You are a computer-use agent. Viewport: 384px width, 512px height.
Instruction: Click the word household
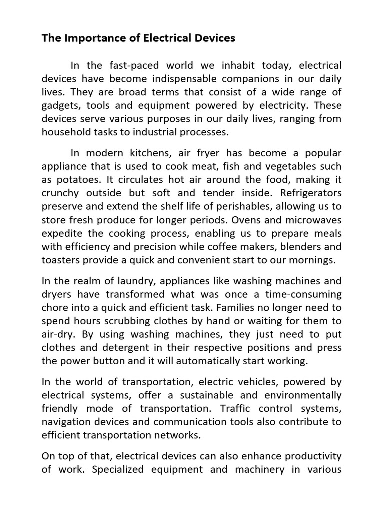[64, 132]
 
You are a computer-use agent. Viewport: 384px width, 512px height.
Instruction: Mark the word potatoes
[75, 180]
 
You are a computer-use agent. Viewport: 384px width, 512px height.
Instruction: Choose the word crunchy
[60, 193]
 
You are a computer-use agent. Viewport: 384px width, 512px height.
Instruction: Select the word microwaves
[313, 219]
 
